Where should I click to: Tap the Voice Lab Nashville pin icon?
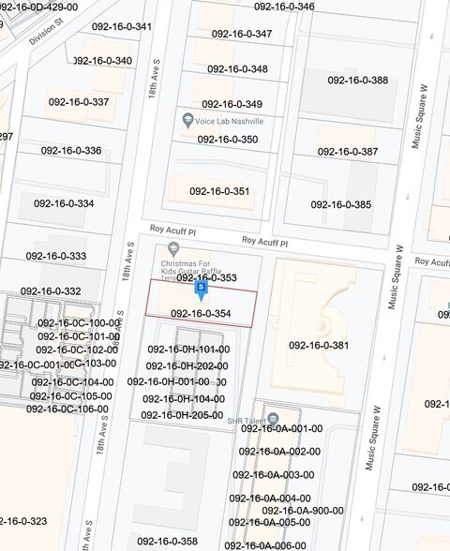pos(188,121)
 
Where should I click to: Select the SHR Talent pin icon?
pos(272,418)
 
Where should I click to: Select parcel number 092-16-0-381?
pos(319,345)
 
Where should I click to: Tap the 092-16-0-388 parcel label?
pos(357,80)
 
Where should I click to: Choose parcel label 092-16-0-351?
pos(219,191)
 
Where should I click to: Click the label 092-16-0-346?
pos(284,7)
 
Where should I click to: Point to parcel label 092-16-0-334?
pos(64,203)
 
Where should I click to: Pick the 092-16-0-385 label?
pos(341,204)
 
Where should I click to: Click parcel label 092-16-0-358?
pos(167,542)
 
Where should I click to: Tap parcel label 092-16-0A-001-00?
pos(280,428)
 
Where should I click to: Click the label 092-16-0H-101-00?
pos(187,350)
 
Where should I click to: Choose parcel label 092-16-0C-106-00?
pos(67,409)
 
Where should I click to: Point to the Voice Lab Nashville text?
pos(230,122)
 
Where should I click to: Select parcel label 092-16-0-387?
pos(348,151)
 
